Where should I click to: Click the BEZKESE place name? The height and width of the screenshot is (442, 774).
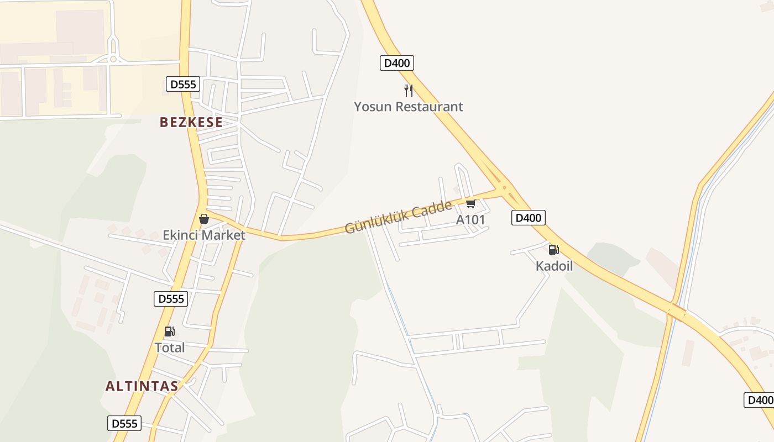pyautogui.click(x=191, y=122)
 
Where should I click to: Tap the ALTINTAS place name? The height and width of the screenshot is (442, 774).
pyautogui.click(x=142, y=386)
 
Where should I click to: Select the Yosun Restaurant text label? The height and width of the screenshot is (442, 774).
pyautogui.click(x=409, y=107)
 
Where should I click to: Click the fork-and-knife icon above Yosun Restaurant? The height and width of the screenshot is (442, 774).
pyautogui.click(x=409, y=90)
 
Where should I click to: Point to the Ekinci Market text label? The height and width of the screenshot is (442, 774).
pyautogui.click(x=204, y=235)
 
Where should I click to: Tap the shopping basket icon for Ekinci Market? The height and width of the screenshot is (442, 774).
pyautogui.click(x=204, y=219)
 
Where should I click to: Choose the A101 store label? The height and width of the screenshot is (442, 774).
pyautogui.click(x=470, y=220)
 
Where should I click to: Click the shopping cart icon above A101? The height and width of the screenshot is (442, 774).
pyautogui.click(x=470, y=204)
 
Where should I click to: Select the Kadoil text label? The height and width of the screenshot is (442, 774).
pyautogui.click(x=554, y=266)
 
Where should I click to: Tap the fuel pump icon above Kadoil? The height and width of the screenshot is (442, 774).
pyautogui.click(x=554, y=250)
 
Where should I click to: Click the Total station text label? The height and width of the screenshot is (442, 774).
pyautogui.click(x=170, y=348)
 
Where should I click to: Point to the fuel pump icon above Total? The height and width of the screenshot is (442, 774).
pyautogui.click(x=170, y=331)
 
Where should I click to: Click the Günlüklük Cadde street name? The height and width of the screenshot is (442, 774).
pyautogui.click(x=398, y=217)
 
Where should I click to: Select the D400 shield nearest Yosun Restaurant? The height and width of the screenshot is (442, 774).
pyautogui.click(x=397, y=63)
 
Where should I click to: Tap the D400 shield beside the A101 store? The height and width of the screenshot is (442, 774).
pyautogui.click(x=528, y=218)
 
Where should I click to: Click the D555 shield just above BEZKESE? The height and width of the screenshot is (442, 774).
pyautogui.click(x=183, y=85)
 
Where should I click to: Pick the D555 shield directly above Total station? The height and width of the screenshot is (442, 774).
pyautogui.click(x=171, y=299)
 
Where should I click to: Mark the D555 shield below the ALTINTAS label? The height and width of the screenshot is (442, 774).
pyautogui.click(x=124, y=424)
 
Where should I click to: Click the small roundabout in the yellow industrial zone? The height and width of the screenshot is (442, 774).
pyautogui.click(x=113, y=59)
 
